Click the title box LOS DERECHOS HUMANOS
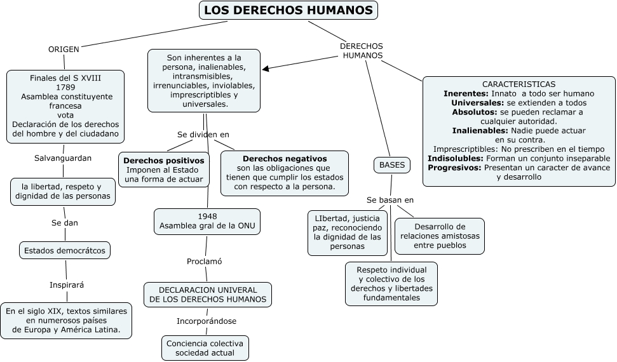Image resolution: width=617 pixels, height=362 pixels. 288,11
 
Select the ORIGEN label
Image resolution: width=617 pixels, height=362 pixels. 64,50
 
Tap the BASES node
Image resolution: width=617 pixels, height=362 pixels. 391,165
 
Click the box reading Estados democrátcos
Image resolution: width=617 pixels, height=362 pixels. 65,250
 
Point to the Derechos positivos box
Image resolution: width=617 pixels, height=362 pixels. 164,170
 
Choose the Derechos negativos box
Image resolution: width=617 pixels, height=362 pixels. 284,172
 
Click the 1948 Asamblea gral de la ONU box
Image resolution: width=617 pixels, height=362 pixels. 207,221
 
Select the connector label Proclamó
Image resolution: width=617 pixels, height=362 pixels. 205,261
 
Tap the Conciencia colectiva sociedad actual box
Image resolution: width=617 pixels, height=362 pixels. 205,348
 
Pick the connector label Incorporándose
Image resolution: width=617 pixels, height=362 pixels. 207,321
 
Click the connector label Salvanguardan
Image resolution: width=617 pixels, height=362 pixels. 63,158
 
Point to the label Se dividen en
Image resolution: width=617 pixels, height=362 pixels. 203,135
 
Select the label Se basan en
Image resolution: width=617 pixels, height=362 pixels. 390,200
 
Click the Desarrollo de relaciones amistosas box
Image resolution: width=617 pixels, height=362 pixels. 439,236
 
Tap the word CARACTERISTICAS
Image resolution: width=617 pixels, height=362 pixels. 519,84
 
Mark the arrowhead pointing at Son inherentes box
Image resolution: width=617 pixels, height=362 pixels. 266,69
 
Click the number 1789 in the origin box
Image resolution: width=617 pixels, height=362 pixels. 65,87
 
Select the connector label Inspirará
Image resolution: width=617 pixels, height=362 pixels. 67,285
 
